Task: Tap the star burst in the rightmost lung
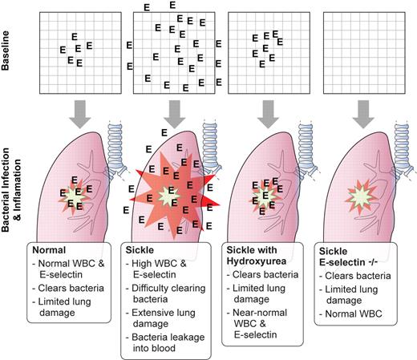(x=357, y=195)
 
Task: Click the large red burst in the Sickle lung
(x=170, y=193)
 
